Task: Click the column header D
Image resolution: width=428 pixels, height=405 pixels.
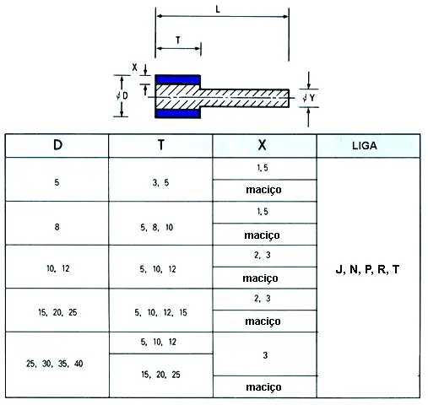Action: click(x=57, y=145)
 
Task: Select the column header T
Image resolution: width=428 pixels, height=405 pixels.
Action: click(x=161, y=145)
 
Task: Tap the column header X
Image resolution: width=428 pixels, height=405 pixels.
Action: click(x=262, y=145)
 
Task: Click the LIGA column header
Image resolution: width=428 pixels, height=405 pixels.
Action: click(x=365, y=146)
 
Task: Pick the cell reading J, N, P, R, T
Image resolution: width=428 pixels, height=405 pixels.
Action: click(x=367, y=269)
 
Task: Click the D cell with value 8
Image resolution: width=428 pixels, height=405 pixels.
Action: click(x=57, y=227)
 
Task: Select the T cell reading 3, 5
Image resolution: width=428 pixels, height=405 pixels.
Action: click(x=160, y=182)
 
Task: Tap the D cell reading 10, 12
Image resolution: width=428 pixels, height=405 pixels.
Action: click(x=58, y=268)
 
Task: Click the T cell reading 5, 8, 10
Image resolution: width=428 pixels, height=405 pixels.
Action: click(x=157, y=227)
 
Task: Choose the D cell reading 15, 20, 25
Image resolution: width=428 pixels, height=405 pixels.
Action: click(x=57, y=312)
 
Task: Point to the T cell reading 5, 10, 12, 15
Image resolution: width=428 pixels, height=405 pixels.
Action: click(x=160, y=312)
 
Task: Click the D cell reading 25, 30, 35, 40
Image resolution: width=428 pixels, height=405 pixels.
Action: click(x=55, y=364)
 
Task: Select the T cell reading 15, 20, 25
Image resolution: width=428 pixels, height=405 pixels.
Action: click(x=160, y=375)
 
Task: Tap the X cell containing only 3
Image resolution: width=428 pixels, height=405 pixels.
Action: click(x=265, y=355)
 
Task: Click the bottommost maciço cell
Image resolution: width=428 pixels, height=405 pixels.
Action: click(x=263, y=387)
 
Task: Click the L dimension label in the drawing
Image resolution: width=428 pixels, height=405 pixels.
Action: click(x=218, y=9)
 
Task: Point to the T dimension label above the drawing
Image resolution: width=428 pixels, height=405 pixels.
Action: click(x=178, y=40)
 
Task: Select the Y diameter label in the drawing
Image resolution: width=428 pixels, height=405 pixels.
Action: click(x=309, y=98)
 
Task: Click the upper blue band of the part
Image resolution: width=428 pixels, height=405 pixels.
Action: click(x=177, y=79)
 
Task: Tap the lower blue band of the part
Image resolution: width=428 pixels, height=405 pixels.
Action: click(x=178, y=114)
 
